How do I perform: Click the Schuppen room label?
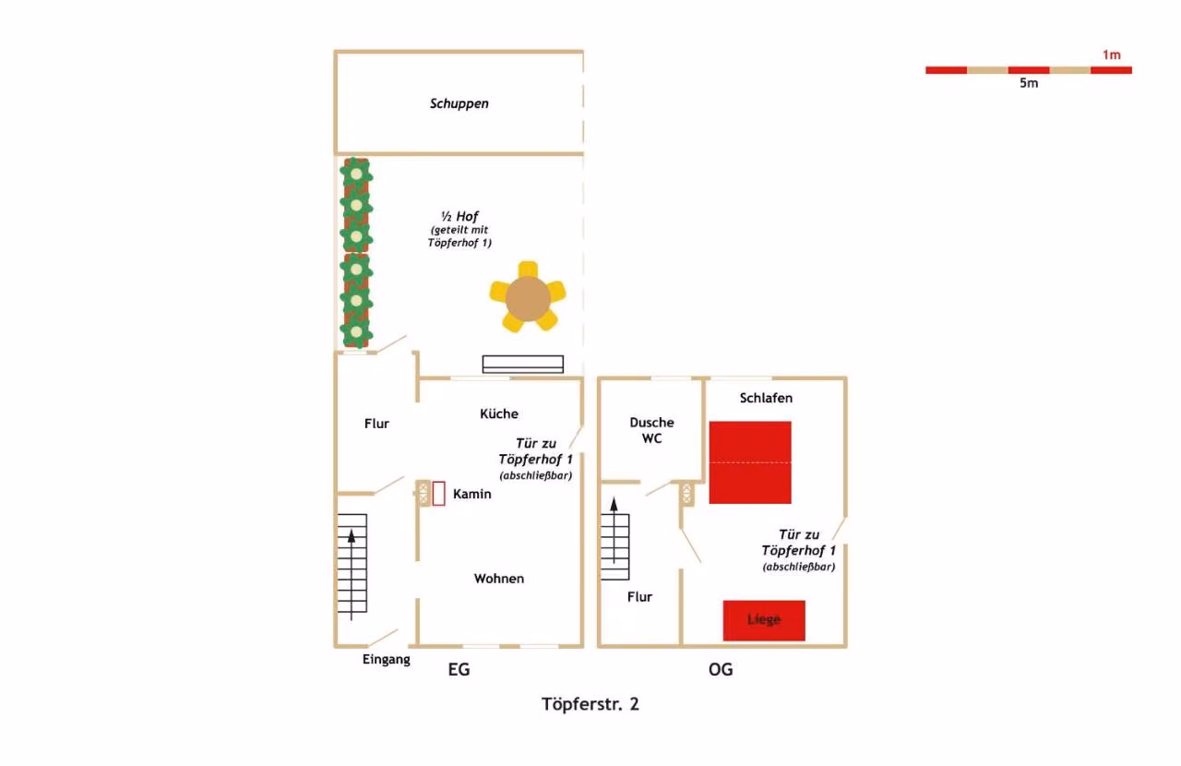(x=459, y=103)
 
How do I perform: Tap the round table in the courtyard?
(x=528, y=299)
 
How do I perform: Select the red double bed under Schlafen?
(x=750, y=462)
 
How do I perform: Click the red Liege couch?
(x=764, y=620)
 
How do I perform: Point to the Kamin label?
(x=471, y=494)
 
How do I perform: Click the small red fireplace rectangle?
(x=438, y=494)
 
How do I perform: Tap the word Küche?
(x=499, y=413)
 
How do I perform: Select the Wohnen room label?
(x=499, y=579)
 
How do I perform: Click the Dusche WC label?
(x=651, y=430)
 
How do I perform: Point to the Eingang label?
(x=386, y=660)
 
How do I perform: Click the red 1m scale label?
(x=1112, y=54)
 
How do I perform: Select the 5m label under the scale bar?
(x=1029, y=83)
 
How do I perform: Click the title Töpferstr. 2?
(x=590, y=704)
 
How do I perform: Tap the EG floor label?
(x=459, y=669)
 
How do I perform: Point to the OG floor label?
(x=721, y=669)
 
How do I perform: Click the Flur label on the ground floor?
(x=376, y=424)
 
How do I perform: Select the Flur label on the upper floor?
(x=639, y=597)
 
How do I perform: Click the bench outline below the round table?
(x=523, y=364)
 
